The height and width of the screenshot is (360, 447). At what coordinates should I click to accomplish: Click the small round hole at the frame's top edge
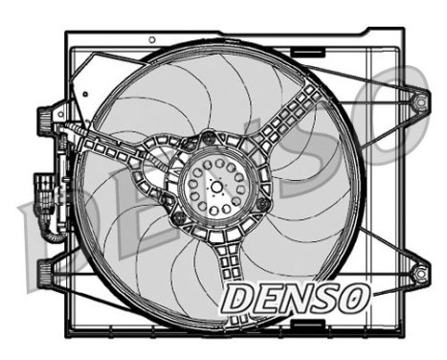click(x=152, y=39)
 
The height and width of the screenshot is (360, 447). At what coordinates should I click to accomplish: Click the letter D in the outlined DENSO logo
click(x=235, y=299)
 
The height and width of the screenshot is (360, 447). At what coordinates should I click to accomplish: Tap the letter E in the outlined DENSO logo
click(x=265, y=299)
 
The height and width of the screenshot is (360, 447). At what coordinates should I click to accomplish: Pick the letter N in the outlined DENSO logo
click(x=295, y=299)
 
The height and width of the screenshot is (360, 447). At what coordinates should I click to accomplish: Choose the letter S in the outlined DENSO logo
click(x=324, y=299)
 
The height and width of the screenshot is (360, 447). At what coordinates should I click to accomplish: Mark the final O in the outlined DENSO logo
click(x=353, y=299)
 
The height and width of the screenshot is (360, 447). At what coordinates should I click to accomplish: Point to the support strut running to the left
click(x=115, y=144)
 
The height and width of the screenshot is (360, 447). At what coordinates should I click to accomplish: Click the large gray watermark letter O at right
click(x=407, y=110)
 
